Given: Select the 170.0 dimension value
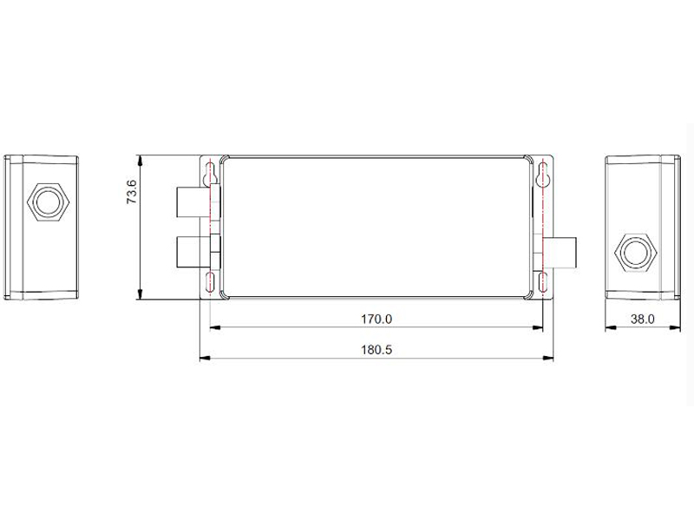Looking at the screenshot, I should pos(376,319).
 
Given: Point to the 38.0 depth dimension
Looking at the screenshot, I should pos(642,319).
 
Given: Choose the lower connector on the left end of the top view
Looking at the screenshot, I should pos(193,253).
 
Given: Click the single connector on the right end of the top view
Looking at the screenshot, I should pos(562,253).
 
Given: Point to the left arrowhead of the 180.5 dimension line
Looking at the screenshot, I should pos(203,358).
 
